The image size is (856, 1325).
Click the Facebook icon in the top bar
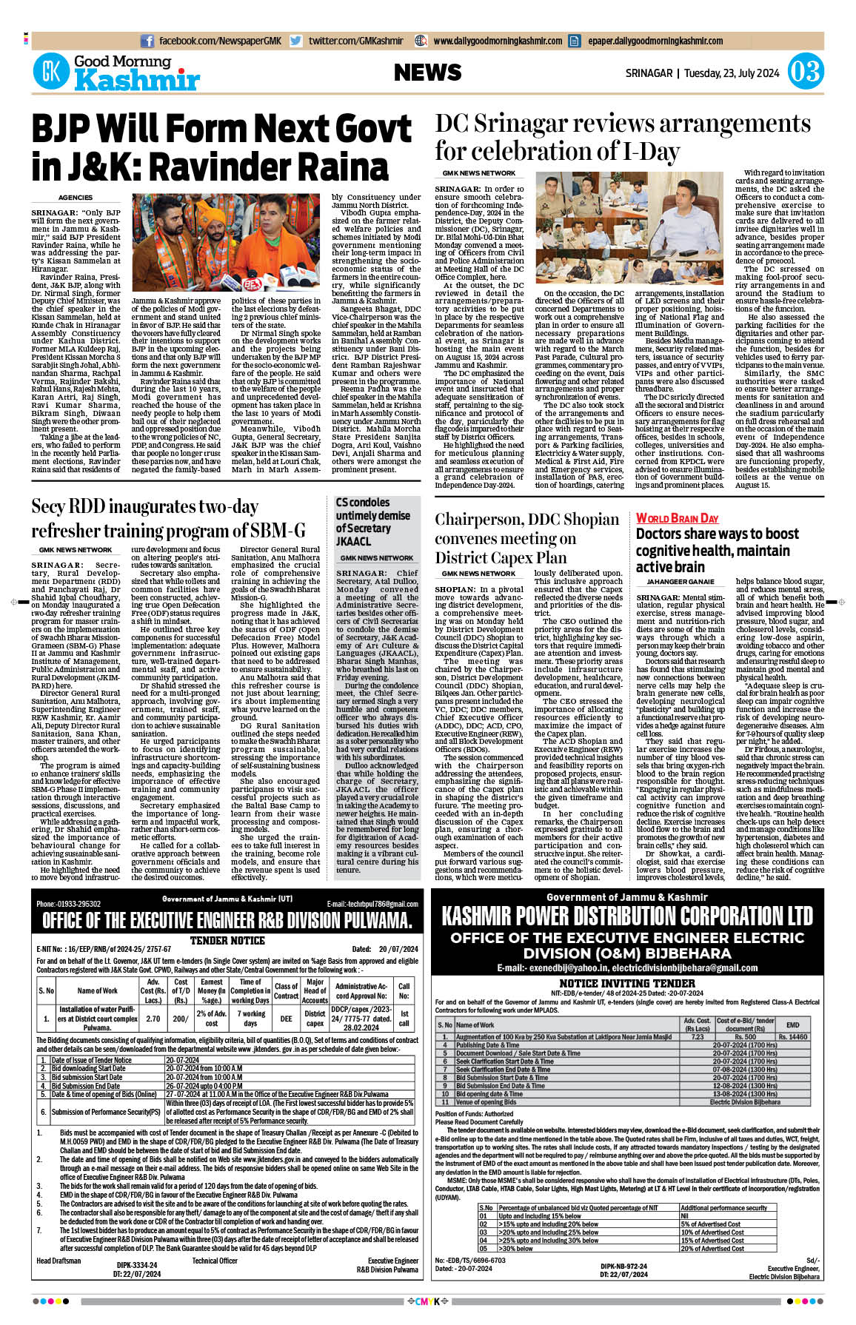tap(147, 41)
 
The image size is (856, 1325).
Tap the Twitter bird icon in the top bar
tap(296, 41)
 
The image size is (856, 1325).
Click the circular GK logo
tap(51, 73)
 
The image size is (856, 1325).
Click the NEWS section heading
tap(427, 73)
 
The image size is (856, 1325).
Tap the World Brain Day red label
tap(677, 518)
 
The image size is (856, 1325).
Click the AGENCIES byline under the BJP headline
tap(76, 198)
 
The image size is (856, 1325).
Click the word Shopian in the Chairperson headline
tap(586, 520)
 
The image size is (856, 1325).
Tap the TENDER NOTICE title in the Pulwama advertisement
tap(227, 940)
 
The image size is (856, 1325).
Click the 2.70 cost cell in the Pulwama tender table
tap(153, 1019)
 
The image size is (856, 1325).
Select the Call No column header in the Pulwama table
tap(404, 991)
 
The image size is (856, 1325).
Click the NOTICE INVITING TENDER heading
tap(627, 983)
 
